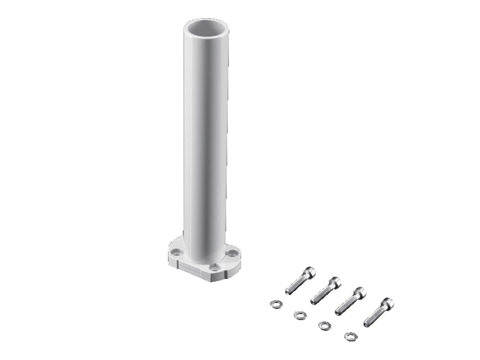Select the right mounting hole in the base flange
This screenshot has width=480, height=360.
232,254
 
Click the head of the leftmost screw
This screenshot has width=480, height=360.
309,272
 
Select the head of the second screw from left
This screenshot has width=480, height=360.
335,282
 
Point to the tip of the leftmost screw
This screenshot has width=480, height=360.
288,291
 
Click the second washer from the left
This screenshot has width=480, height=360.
300,315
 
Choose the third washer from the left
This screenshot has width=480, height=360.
324,325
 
